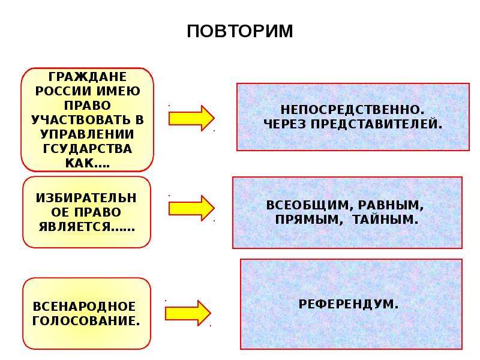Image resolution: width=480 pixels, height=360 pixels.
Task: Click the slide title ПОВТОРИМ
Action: (x=240, y=31)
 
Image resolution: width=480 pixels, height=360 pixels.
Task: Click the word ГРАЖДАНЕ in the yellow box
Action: (x=88, y=77)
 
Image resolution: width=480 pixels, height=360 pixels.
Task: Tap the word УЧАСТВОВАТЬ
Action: (x=80, y=119)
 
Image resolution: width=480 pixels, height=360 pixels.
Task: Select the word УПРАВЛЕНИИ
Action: (x=87, y=134)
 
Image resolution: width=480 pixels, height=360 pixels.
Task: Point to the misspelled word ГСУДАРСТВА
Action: (x=87, y=149)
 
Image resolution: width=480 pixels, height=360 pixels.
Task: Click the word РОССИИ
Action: (x=64, y=91)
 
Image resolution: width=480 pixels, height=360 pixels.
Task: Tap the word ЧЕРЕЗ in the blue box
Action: (x=284, y=124)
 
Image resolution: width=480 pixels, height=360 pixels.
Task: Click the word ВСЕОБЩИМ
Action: (x=308, y=205)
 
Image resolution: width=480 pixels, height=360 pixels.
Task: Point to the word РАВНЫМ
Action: (x=391, y=205)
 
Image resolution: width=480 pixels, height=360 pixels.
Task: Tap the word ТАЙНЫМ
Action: (x=385, y=220)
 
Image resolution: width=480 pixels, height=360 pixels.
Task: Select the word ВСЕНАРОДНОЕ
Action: (x=84, y=307)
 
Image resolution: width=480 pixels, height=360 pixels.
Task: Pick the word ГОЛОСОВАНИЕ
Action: (x=86, y=321)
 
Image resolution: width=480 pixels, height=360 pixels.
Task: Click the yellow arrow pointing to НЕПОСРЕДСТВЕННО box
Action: (x=191, y=118)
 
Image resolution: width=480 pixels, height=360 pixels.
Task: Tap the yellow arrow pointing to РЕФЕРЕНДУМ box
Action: (x=188, y=313)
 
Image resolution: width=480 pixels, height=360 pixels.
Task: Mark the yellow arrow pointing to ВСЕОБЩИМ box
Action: (x=191, y=208)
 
